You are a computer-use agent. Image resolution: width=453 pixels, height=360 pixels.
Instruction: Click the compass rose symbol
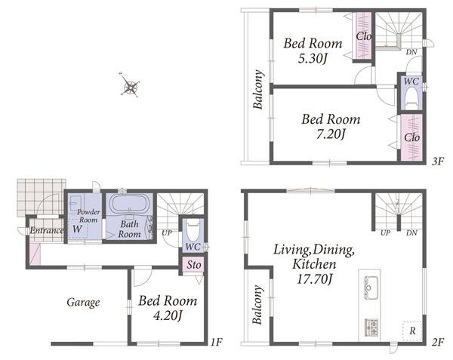(x=130, y=85)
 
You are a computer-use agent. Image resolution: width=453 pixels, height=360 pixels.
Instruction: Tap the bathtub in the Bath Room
(x=129, y=204)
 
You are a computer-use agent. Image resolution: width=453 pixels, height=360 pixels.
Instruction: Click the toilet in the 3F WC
(x=411, y=97)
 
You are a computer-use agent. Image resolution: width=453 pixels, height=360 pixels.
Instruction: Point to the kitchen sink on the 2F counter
(x=370, y=288)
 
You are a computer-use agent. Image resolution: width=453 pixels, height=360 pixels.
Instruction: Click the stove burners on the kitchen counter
(x=371, y=327)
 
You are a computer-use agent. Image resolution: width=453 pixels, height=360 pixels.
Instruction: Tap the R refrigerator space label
(x=412, y=331)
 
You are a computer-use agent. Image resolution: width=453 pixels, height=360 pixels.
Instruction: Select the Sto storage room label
(x=193, y=264)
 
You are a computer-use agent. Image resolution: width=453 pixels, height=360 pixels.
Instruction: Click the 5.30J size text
(x=313, y=59)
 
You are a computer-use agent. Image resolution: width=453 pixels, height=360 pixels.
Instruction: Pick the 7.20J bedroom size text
(x=331, y=134)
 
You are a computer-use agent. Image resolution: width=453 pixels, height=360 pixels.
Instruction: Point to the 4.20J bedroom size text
(x=168, y=315)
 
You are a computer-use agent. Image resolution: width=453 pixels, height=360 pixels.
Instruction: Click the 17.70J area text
(x=315, y=279)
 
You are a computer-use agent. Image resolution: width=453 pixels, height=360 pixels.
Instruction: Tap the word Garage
(x=84, y=303)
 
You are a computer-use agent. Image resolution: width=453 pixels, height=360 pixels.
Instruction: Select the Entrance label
(x=46, y=230)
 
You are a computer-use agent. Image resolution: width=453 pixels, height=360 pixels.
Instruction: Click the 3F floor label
(x=438, y=161)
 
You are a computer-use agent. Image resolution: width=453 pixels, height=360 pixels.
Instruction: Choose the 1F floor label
(x=216, y=343)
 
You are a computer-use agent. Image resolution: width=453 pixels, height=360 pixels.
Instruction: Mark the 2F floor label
(x=438, y=343)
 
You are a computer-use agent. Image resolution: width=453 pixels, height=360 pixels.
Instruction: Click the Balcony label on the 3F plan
(x=258, y=89)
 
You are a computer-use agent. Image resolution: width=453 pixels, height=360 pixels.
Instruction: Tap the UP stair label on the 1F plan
(x=167, y=232)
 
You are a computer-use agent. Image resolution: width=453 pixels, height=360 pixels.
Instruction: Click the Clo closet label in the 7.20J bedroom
(x=412, y=137)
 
